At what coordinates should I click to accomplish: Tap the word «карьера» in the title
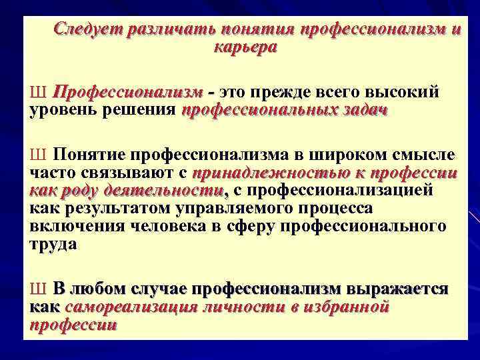click(x=244, y=47)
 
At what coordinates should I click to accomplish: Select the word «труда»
click(x=54, y=244)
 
